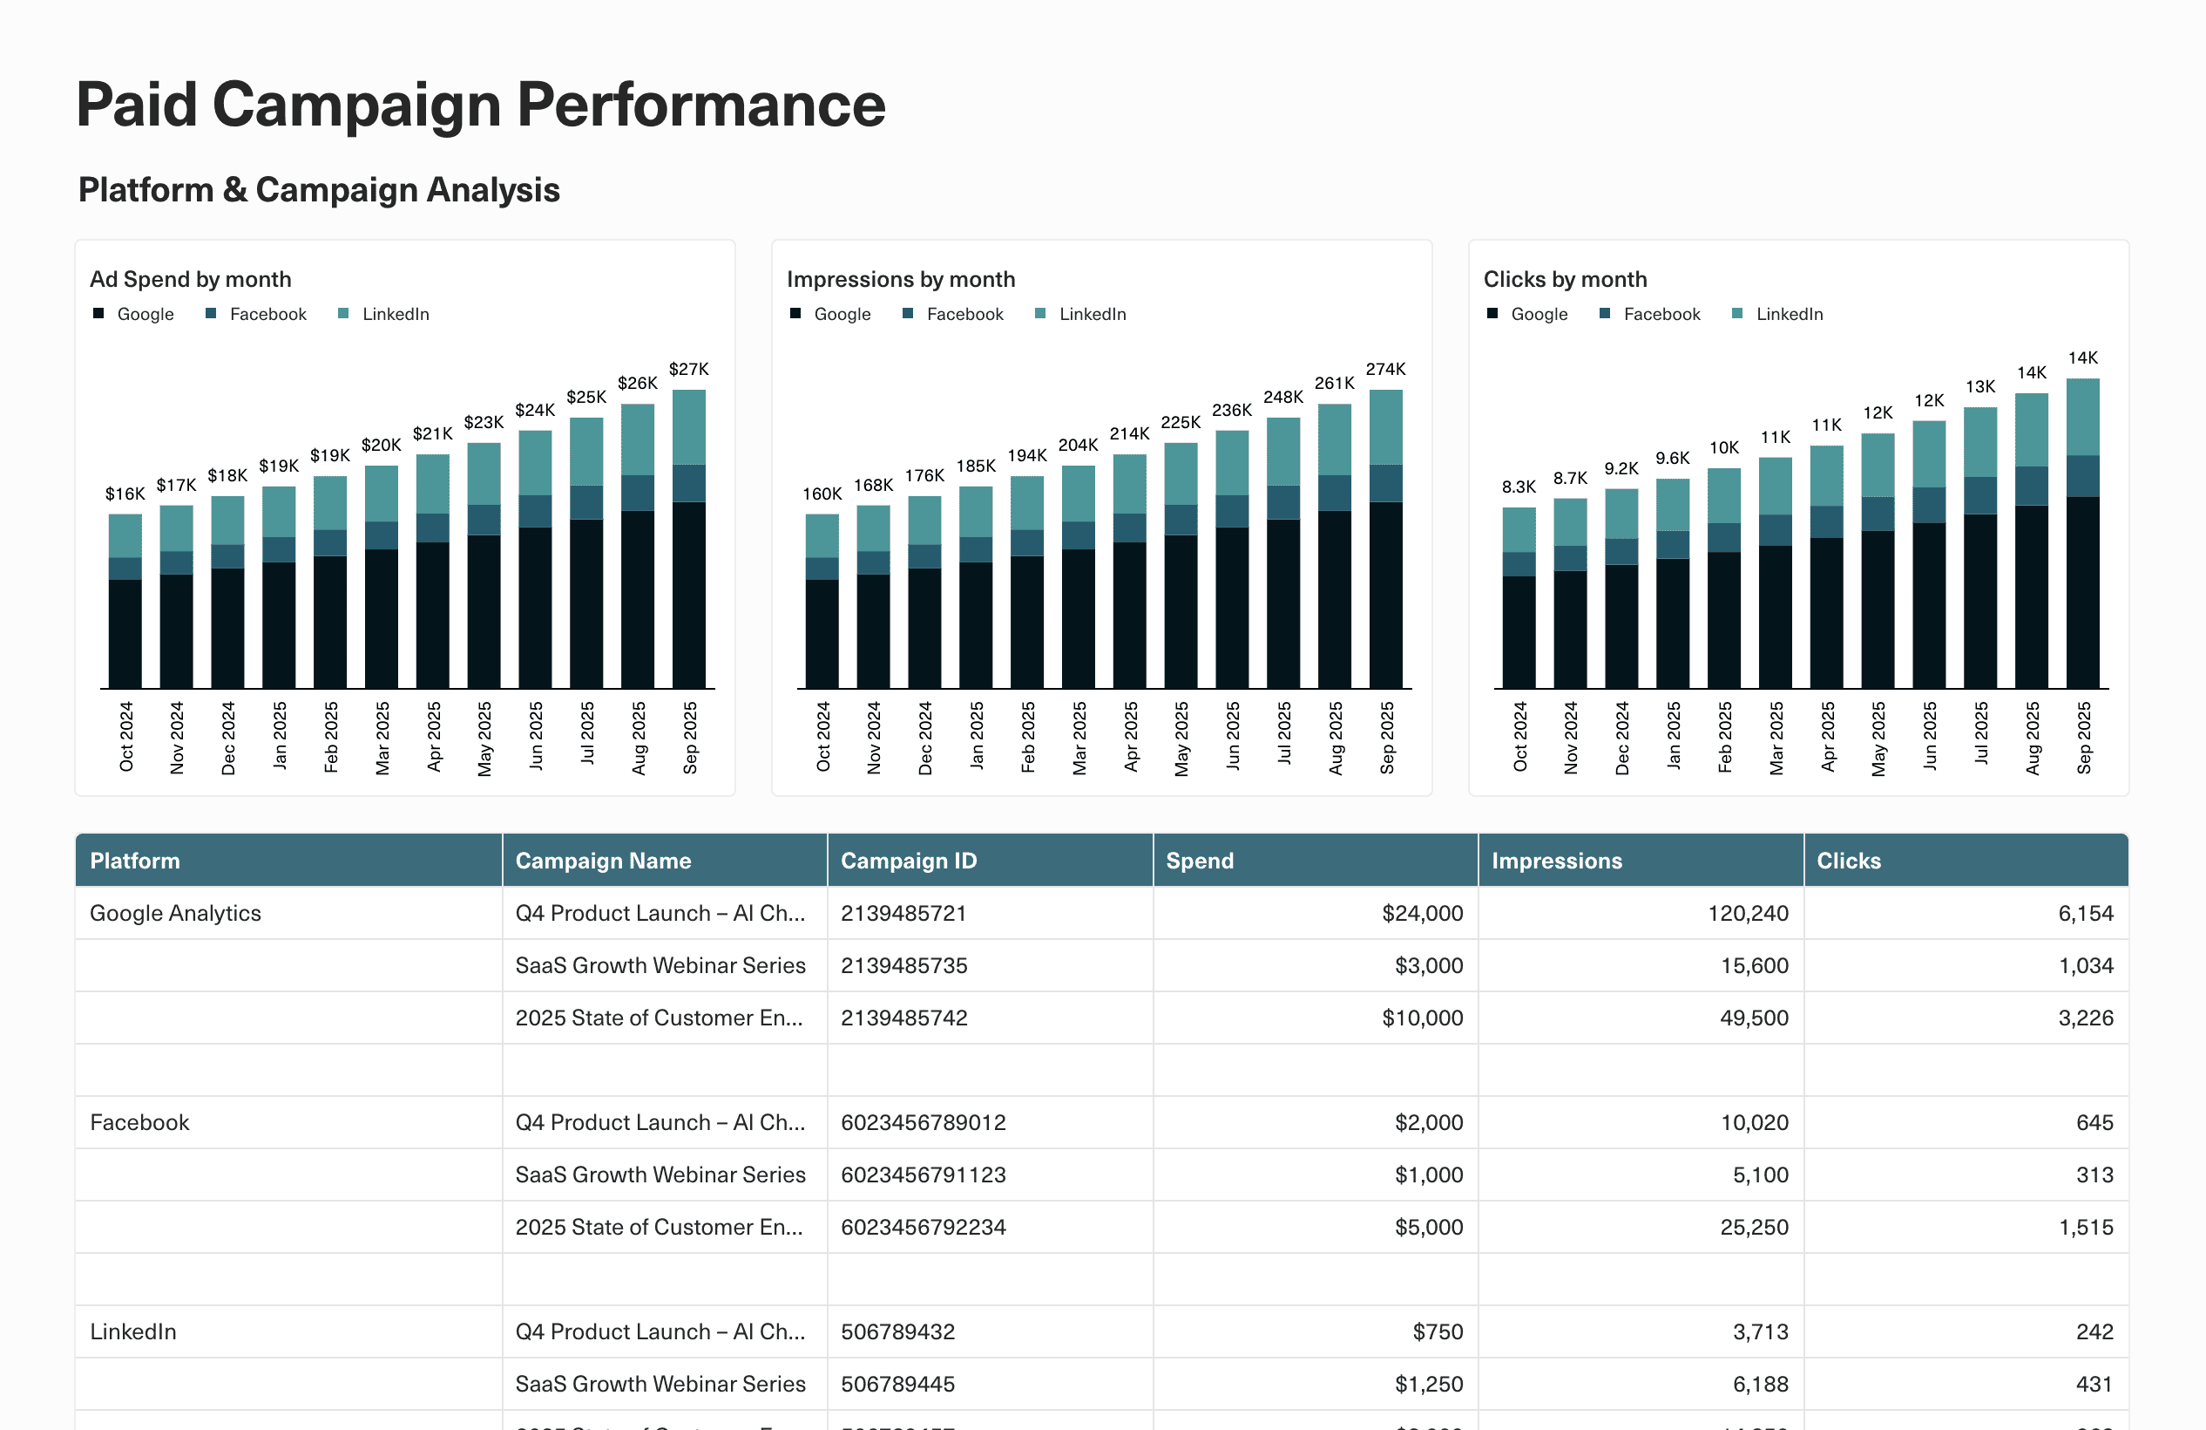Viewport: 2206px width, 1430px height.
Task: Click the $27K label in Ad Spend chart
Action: [x=687, y=369]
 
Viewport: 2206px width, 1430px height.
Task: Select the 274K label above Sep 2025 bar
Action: [x=1384, y=369]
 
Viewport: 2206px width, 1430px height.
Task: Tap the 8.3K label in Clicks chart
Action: [x=1519, y=487]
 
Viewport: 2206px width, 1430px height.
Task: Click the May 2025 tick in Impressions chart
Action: [x=1181, y=739]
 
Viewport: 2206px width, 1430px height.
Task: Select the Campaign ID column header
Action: [x=909, y=861]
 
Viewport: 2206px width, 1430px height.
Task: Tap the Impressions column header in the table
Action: [x=1556, y=861]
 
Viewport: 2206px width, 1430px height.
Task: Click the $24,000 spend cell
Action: [x=1421, y=914]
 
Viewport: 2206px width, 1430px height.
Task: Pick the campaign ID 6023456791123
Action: [x=923, y=1175]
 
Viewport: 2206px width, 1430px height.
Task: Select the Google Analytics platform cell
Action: [x=175, y=914]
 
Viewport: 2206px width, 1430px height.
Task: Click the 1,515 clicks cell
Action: [x=2085, y=1227]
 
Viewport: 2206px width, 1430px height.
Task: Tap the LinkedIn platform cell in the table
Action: [x=132, y=1331]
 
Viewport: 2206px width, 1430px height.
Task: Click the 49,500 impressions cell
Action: [x=1753, y=1018]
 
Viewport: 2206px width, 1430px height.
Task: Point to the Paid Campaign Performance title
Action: [x=480, y=104]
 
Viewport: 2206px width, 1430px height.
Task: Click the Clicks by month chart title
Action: [x=1565, y=279]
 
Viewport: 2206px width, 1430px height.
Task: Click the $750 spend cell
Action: [x=1437, y=1331]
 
